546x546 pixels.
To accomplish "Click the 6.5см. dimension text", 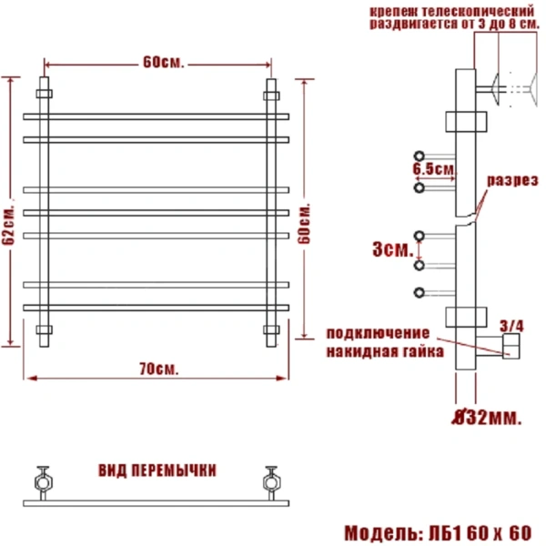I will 433,170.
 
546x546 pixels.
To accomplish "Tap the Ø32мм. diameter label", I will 487,418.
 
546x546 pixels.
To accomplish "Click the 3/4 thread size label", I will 512,324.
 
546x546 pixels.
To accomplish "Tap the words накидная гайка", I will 384,350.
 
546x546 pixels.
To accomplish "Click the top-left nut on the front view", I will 45,91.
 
